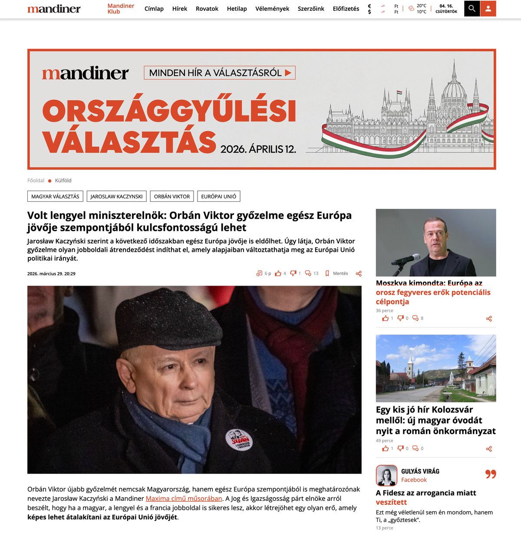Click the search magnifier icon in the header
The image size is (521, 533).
tap(472, 9)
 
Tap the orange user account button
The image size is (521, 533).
tap(488, 9)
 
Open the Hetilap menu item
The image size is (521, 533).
tap(237, 9)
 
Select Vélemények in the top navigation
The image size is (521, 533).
tap(272, 9)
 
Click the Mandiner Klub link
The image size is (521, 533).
tap(121, 9)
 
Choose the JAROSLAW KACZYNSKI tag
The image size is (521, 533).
tap(116, 196)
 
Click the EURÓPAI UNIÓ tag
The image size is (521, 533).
tap(218, 196)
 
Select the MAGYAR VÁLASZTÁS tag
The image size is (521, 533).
tap(55, 196)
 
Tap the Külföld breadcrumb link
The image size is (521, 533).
tap(63, 181)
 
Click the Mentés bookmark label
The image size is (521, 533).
tap(340, 273)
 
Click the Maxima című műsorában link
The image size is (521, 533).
tap(184, 498)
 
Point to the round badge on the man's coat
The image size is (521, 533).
tap(238, 439)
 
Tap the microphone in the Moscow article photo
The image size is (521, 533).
tap(406, 259)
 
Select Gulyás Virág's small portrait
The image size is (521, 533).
tap(386, 475)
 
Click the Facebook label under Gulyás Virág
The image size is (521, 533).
tap(414, 480)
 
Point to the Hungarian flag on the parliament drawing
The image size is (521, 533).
tap(399, 92)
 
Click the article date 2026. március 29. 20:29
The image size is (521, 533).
tap(51, 273)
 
